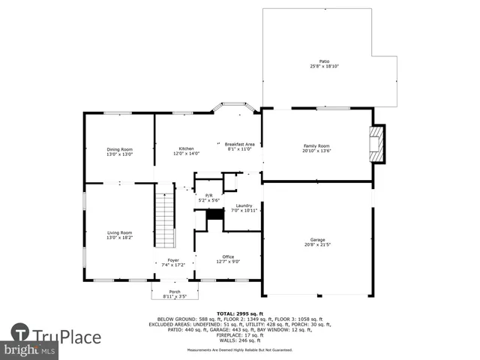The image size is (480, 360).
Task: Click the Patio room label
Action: (324, 61)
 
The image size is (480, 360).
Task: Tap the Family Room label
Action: (316, 145)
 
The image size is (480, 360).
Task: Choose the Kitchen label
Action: (187, 148)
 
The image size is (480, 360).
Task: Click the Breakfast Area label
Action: (240, 143)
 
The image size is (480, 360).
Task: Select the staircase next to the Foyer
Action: (164, 219)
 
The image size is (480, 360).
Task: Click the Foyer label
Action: (173, 259)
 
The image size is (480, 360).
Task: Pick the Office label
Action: (228, 256)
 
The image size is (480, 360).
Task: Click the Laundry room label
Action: (244, 205)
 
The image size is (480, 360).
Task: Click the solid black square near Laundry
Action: (215, 214)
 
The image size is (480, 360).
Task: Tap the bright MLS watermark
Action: (30, 350)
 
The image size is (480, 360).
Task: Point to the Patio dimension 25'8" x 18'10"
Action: (324, 66)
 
